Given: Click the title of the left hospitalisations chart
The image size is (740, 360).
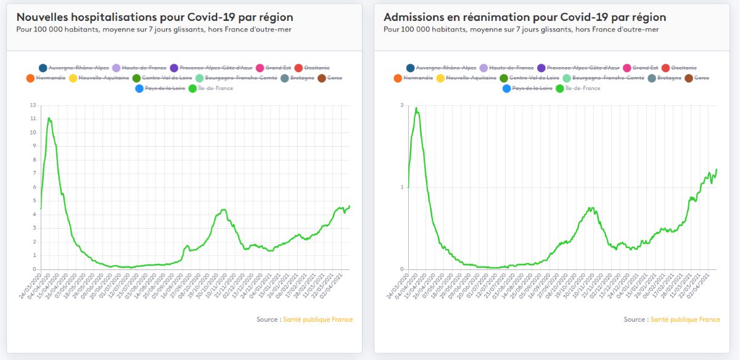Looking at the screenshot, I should (x=155, y=17).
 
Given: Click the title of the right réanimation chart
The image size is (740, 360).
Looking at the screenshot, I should (x=524, y=17).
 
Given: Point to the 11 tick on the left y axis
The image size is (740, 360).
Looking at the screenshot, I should (x=33, y=119).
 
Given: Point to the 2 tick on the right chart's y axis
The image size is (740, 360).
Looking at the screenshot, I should (x=401, y=105).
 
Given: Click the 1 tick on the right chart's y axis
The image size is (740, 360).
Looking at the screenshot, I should (x=401, y=187).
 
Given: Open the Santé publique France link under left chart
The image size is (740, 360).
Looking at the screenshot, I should (x=318, y=319).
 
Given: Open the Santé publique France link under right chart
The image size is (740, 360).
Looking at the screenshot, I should (x=684, y=319).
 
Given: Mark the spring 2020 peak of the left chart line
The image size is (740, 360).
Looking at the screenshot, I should (x=49, y=118).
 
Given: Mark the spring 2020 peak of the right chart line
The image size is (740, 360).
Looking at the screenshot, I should (x=416, y=108).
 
